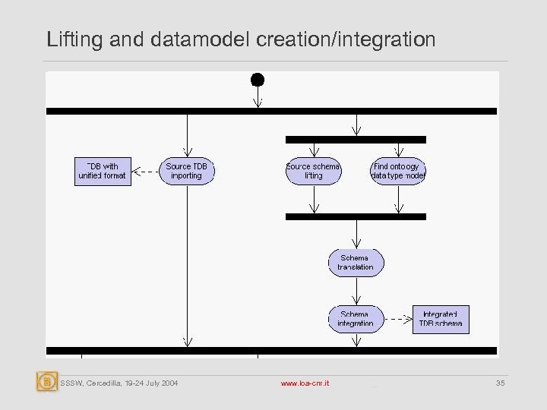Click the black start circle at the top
[x=258, y=79]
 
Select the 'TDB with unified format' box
[x=102, y=171]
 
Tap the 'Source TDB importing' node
[x=186, y=171]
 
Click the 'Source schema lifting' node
[x=313, y=171]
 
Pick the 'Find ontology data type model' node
[x=398, y=171]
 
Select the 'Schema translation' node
[x=356, y=262]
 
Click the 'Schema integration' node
[x=356, y=319]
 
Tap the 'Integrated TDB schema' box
[x=441, y=319]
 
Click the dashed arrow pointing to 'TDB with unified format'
[x=144, y=172]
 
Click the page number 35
[x=500, y=383]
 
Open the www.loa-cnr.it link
[x=306, y=383]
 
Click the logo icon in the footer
[x=47, y=381]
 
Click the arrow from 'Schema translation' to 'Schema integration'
[x=356, y=290]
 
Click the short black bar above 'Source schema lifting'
[x=356, y=140]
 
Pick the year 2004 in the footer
[x=169, y=383]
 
